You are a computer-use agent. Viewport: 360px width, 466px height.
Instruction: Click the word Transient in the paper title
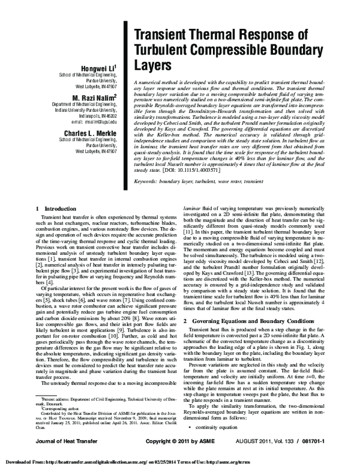(161, 35)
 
